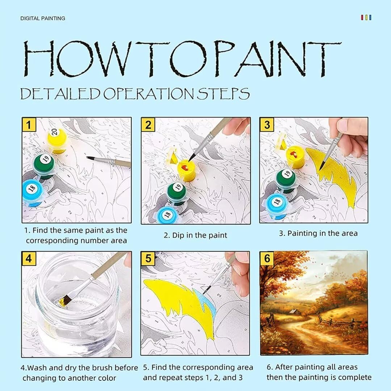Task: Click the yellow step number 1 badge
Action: pyautogui.click(x=29, y=125)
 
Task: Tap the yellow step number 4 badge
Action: pyautogui.click(x=29, y=258)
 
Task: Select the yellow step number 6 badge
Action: pyautogui.click(x=267, y=258)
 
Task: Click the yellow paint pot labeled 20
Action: pyautogui.click(x=57, y=140)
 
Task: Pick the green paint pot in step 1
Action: pyautogui.click(x=44, y=165)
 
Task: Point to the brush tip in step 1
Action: pyautogui.click(x=87, y=157)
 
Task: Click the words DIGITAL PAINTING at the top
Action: pyautogui.click(x=43, y=18)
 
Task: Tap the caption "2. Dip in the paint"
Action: pyautogui.click(x=195, y=235)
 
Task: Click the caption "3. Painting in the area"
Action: pyautogui.click(x=318, y=234)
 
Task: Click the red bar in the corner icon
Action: pyautogui.click(x=362, y=17)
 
